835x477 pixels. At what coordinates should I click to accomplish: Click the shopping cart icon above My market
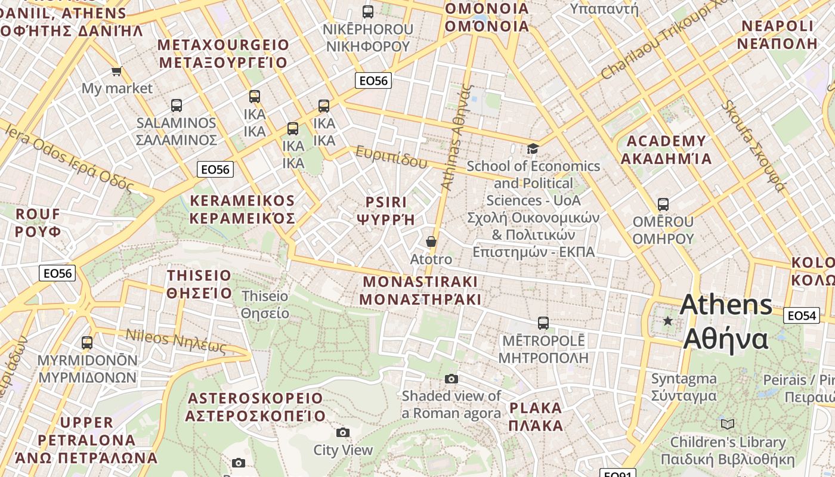116,72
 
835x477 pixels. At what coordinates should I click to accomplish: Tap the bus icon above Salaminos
176,106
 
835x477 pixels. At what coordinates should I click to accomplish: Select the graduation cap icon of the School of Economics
533,148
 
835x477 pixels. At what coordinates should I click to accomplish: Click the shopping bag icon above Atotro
431,241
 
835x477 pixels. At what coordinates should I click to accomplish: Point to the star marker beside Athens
667,321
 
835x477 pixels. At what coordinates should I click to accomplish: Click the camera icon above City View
343,432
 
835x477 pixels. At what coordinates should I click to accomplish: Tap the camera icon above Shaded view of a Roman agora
451,379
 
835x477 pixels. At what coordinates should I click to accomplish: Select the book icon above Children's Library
727,424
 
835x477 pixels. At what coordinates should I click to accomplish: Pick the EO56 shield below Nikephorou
373,80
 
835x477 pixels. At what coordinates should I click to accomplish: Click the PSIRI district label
385,203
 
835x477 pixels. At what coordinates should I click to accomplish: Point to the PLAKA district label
536,408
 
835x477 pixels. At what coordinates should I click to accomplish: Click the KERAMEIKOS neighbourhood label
242,201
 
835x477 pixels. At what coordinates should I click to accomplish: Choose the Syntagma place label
684,379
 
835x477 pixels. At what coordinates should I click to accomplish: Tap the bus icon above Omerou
663,205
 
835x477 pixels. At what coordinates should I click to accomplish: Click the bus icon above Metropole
543,323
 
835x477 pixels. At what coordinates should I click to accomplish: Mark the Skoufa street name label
753,146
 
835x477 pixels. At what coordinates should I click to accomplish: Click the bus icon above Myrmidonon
87,343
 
